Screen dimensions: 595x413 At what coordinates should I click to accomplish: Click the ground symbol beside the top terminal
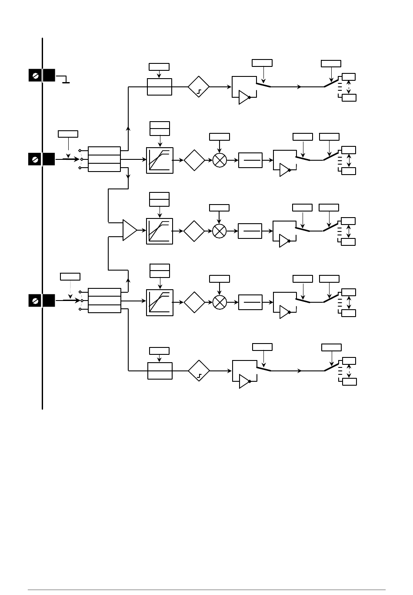point(66,80)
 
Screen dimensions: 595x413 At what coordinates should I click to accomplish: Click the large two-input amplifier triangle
point(129,230)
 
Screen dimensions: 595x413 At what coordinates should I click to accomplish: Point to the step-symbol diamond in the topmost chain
point(199,87)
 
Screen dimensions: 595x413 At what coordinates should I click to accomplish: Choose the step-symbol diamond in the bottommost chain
point(199,370)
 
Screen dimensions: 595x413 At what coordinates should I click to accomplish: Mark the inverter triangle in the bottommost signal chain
point(244,381)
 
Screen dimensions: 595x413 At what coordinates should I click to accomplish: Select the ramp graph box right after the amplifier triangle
point(160,231)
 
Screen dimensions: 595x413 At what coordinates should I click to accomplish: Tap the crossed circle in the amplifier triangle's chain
point(220,231)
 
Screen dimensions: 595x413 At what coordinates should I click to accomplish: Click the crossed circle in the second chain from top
point(220,160)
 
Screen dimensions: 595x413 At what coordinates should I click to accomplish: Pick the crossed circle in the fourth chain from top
point(220,302)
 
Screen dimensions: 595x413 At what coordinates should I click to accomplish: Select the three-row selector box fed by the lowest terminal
point(104,300)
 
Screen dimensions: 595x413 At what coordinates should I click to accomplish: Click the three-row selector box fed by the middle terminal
point(104,159)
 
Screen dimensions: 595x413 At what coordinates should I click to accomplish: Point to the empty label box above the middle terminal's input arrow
point(68,134)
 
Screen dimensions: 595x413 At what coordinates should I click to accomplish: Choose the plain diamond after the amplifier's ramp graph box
point(194,231)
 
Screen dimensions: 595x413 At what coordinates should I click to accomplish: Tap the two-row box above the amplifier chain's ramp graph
point(160,199)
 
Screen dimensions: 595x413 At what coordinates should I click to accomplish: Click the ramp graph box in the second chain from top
point(160,160)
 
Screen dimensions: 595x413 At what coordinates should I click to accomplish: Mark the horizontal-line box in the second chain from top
point(250,160)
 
